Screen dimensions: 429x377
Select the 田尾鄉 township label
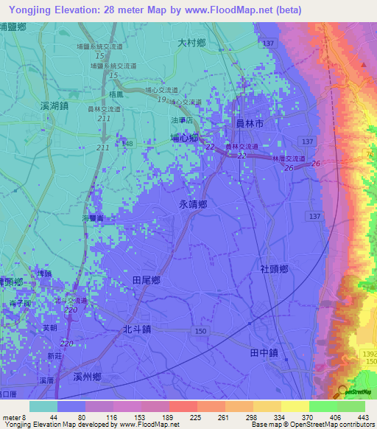point(147,280)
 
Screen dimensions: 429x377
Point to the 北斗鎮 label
point(138,330)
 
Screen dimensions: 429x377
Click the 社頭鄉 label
point(273,271)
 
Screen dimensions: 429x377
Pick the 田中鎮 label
point(264,353)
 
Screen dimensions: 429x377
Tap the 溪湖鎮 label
point(54,106)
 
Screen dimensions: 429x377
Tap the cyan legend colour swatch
point(43,406)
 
